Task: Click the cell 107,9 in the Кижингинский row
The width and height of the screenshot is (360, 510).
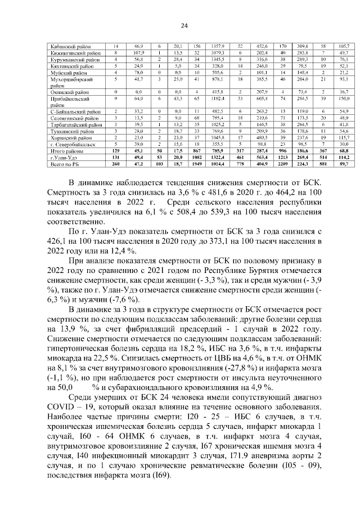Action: tap(138, 52)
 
